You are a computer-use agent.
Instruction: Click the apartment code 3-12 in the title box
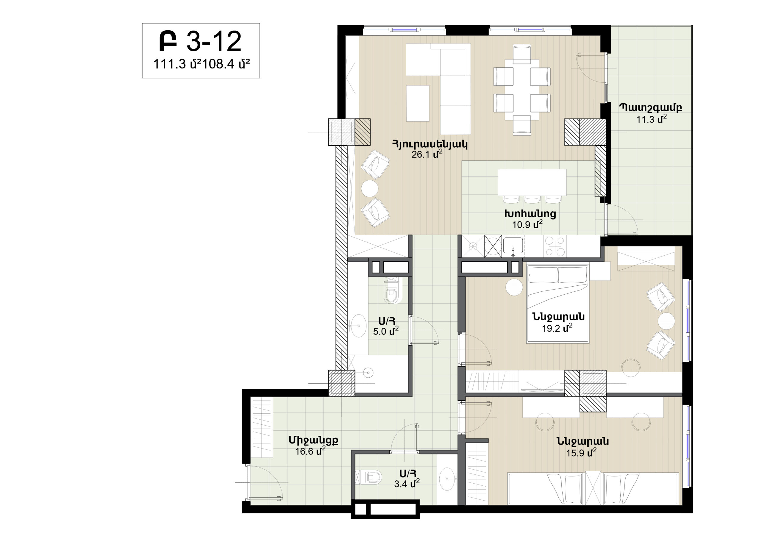(x=214, y=41)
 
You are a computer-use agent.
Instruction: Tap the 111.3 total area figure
(x=170, y=64)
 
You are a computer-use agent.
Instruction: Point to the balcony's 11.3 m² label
(x=652, y=119)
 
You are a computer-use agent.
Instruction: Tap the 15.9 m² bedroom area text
(x=581, y=453)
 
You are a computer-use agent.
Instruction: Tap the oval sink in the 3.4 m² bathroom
(x=448, y=479)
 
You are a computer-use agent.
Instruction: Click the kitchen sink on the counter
(x=513, y=245)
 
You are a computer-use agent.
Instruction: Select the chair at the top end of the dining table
(x=522, y=54)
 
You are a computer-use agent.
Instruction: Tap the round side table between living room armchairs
(x=370, y=188)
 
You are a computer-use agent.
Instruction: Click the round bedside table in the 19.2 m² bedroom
(x=514, y=287)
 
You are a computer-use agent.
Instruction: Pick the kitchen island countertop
(x=532, y=182)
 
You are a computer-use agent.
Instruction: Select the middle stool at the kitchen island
(x=532, y=199)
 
